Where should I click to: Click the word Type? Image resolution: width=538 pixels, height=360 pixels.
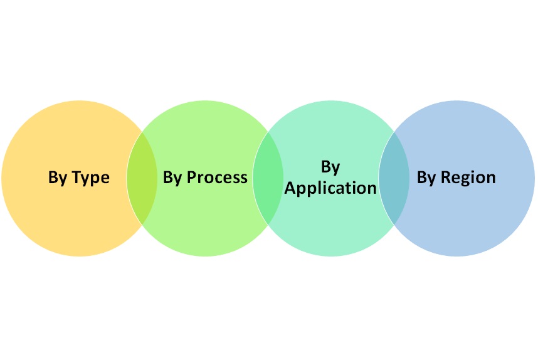click(x=90, y=178)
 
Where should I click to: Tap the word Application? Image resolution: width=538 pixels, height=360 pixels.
click(x=330, y=188)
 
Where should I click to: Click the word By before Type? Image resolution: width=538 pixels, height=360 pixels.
click(x=58, y=178)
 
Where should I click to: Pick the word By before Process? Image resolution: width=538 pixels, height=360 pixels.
click(x=172, y=177)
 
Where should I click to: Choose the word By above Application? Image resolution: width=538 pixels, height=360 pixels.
click(x=330, y=167)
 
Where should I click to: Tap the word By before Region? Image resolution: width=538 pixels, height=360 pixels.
click(x=426, y=177)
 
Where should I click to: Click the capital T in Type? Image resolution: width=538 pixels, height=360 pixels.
click(x=76, y=177)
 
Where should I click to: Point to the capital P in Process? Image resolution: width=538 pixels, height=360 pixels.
click(x=192, y=177)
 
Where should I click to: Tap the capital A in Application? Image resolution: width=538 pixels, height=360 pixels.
click(x=290, y=188)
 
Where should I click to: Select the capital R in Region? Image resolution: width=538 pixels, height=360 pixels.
click(x=446, y=177)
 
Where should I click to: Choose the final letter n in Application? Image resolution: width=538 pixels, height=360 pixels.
click(x=372, y=189)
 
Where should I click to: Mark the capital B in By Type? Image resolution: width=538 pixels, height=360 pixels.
click(x=53, y=178)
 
